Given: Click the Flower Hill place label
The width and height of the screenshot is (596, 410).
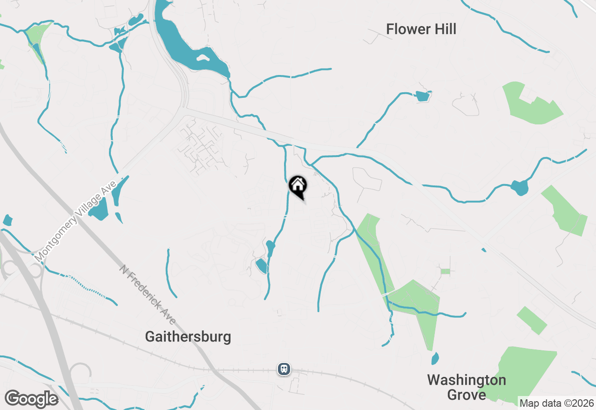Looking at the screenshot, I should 421,29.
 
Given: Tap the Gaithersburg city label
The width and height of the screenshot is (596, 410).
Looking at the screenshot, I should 188,336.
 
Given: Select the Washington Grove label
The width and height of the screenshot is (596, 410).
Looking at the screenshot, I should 466,387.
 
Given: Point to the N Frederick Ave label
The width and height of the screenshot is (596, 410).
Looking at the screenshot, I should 148,295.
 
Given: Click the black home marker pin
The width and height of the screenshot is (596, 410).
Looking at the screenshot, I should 298,187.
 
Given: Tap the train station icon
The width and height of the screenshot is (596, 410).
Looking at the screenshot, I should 284,369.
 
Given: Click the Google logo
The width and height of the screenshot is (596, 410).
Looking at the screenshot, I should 31,399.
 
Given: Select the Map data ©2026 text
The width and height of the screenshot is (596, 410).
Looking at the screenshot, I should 556,403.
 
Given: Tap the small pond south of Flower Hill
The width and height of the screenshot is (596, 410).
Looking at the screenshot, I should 422,96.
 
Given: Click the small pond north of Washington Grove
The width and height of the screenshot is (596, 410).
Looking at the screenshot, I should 435,359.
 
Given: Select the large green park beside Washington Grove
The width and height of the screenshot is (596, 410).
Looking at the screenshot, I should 521,373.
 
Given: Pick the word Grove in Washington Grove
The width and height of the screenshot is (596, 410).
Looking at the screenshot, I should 466,395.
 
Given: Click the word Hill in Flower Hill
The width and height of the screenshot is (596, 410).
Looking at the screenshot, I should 443,29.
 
